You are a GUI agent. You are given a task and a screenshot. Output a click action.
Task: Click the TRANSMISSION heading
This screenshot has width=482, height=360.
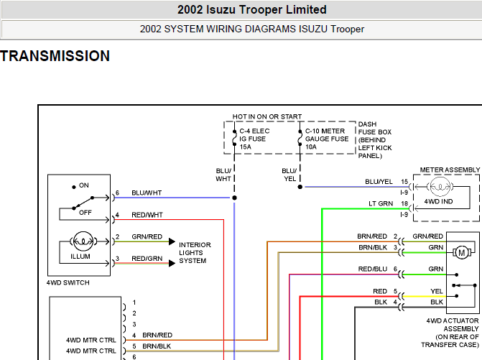tap(55, 56)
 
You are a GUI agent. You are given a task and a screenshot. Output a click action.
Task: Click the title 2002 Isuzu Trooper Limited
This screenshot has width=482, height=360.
tap(251, 9)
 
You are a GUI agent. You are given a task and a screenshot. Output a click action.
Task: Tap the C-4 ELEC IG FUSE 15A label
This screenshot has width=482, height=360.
tap(254, 139)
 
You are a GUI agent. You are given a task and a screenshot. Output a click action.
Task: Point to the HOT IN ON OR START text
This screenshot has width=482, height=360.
tap(267, 116)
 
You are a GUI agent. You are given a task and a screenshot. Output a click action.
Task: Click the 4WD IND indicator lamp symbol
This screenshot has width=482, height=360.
tap(440, 187)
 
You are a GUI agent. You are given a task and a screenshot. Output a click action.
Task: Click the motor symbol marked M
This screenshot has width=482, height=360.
tap(461, 253)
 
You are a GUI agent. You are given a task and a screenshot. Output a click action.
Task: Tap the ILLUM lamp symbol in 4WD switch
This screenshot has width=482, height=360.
tap(83, 241)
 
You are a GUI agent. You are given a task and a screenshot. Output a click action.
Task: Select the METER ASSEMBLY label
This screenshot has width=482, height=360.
tap(450, 170)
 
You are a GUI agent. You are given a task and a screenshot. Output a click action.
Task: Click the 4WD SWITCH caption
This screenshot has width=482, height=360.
tap(68, 282)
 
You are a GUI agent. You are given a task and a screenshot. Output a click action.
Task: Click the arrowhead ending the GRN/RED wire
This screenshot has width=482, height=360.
tap(172, 241)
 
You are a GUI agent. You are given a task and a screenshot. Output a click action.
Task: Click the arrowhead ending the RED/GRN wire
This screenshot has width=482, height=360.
tap(172, 264)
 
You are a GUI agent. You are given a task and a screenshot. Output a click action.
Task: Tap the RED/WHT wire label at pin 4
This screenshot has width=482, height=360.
tap(147, 215)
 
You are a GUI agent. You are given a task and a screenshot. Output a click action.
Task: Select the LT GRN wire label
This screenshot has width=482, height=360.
tap(381, 204)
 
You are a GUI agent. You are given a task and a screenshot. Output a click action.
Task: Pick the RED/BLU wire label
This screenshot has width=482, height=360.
tap(373, 269)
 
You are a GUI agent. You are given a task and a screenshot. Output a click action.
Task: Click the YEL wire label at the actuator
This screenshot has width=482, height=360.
tap(437, 291)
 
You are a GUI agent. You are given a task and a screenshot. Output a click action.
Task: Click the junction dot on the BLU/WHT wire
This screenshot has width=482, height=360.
tap(234, 198)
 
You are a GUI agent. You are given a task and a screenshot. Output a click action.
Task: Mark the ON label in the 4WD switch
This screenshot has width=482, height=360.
tap(83, 185)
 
